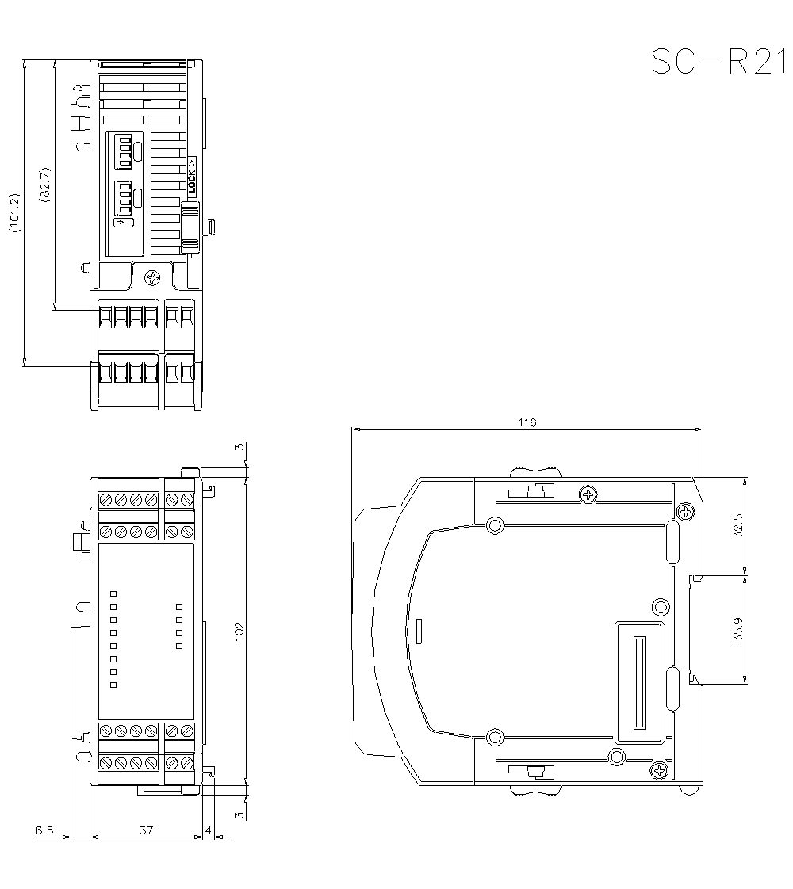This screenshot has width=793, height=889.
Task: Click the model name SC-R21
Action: [720, 62]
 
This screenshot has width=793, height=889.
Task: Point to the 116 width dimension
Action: [527, 422]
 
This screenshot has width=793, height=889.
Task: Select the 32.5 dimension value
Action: [738, 525]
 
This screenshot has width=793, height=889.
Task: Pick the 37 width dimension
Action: [146, 830]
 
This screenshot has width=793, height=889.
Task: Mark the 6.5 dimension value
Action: [44, 830]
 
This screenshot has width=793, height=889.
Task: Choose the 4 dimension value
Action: [209, 830]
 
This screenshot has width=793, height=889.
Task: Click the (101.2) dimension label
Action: [13, 212]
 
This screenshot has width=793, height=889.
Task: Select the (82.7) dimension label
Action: [44, 184]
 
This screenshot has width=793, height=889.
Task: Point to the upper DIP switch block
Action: [124, 151]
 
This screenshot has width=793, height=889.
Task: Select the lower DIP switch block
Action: [124, 198]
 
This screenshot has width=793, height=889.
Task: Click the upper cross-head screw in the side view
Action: [588, 495]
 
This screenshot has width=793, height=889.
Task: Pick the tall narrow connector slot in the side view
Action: [637, 682]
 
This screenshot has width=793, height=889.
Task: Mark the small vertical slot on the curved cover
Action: [419, 631]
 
